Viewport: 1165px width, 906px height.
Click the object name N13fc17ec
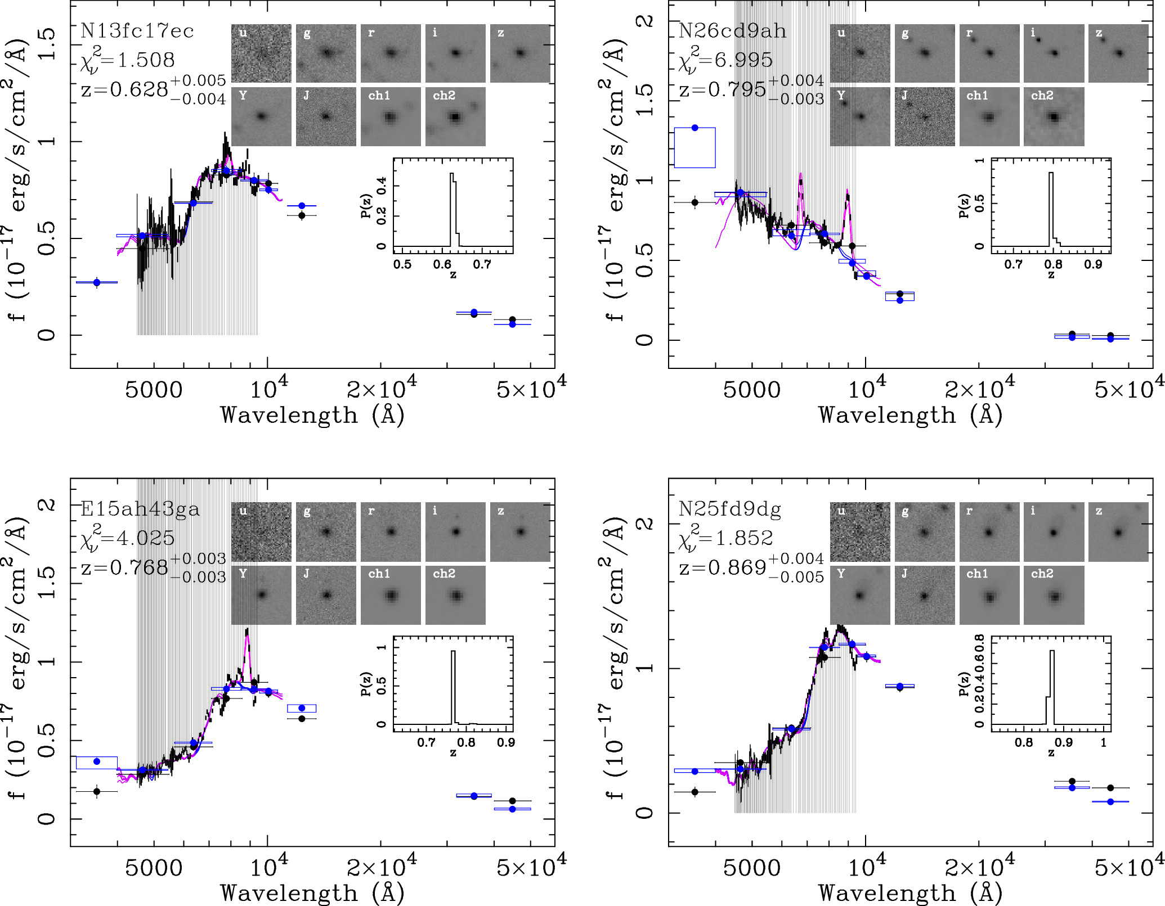point(137,31)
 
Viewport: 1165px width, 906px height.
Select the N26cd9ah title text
point(732,31)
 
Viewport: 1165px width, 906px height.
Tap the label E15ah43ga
point(140,509)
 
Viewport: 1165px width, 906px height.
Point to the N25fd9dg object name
point(730,509)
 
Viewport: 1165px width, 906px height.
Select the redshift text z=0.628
point(125,89)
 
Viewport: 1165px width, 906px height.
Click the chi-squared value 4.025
point(145,538)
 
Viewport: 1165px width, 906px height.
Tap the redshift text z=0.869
point(723,567)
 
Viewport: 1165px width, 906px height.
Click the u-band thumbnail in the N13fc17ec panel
point(261,53)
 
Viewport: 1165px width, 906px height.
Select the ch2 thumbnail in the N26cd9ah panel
point(1054,117)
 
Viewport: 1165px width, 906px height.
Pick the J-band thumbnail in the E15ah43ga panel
point(326,595)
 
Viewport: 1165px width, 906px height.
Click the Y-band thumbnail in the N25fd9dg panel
point(859,595)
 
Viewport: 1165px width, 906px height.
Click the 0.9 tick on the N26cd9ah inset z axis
point(1093,264)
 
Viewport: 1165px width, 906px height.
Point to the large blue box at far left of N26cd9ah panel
point(694,148)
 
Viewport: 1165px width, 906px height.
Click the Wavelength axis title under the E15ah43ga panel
point(312,893)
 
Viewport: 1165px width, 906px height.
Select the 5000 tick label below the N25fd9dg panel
point(751,868)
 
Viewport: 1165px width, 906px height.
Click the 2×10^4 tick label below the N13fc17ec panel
point(382,389)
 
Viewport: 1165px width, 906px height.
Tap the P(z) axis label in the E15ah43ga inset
point(366,683)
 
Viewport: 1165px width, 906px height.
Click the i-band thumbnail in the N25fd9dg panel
point(1054,532)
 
